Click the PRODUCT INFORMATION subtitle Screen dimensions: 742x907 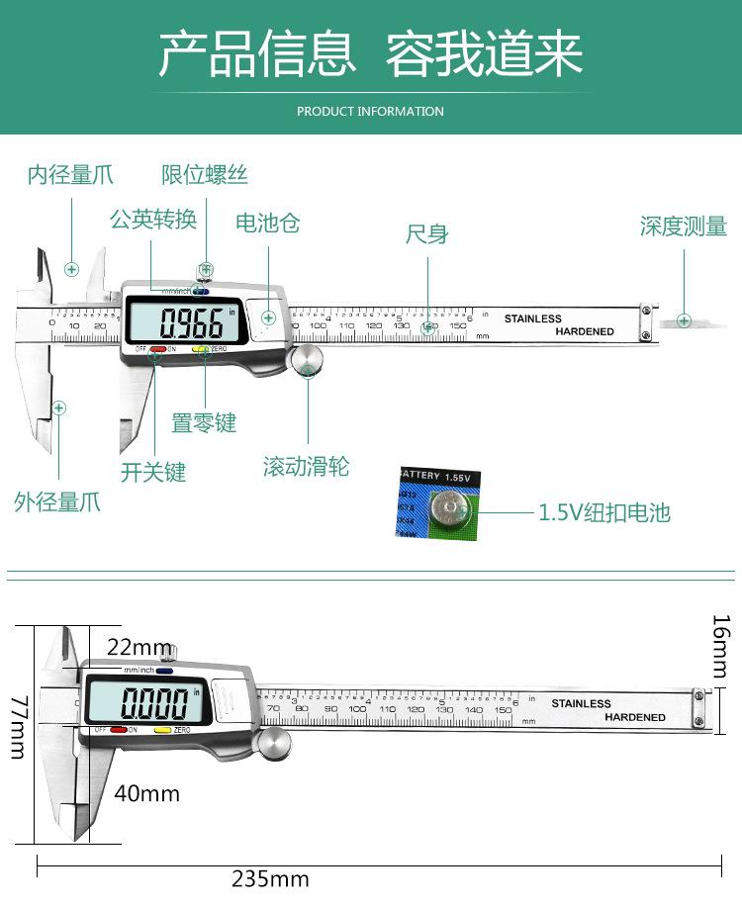tap(370, 111)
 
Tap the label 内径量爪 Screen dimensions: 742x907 tap(70, 176)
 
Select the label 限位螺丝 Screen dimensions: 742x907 tap(205, 176)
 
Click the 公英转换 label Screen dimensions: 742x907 tap(153, 220)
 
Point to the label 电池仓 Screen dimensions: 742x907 tap(267, 223)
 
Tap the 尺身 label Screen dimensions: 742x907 tap(427, 234)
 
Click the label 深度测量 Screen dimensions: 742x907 tap(684, 227)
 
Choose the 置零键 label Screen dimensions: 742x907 tap(204, 423)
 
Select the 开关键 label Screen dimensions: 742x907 tap(153, 472)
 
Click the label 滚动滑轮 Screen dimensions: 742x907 tap(307, 467)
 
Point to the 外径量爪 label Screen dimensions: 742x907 tap(57, 501)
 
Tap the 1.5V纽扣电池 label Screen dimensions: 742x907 tap(604, 512)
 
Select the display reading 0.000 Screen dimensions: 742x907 tap(153, 703)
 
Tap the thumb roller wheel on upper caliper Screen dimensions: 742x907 tap(309, 360)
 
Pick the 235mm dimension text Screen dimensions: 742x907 tap(270, 878)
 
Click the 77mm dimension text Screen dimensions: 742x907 tap(17, 726)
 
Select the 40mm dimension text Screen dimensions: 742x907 tap(146, 792)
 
